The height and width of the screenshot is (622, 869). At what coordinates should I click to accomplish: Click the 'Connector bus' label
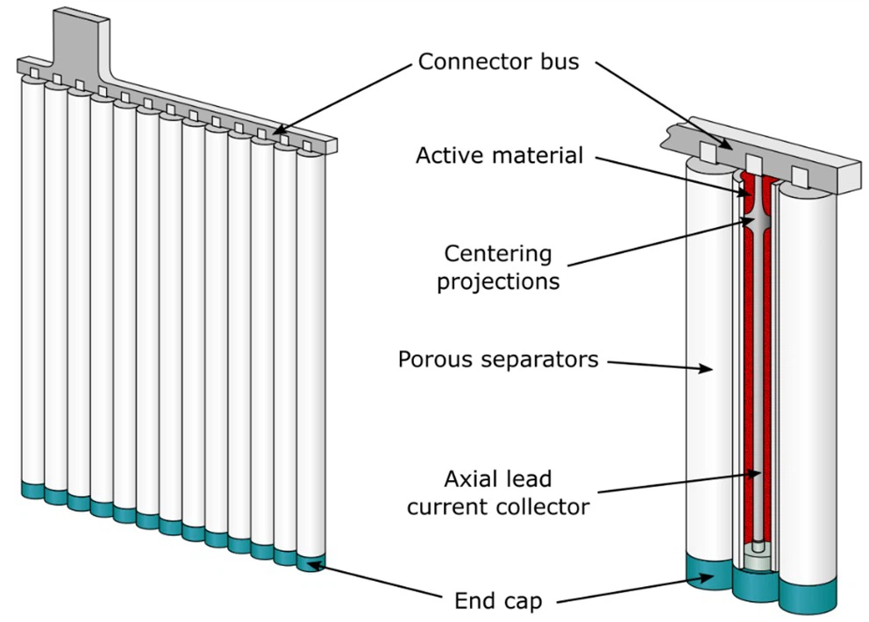coord(498,61)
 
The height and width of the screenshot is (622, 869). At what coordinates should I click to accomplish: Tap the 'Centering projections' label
coord(498,267)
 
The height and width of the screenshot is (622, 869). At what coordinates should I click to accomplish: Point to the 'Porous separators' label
coord(498,359)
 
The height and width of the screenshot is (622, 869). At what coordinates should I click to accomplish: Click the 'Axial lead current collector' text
coord(498,491)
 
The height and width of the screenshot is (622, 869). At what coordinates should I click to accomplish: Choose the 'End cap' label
coord(498,601)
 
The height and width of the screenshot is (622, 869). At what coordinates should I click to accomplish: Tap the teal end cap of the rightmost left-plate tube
coord(310,562)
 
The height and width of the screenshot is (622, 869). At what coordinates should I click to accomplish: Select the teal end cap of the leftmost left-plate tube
coord(33,490)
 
